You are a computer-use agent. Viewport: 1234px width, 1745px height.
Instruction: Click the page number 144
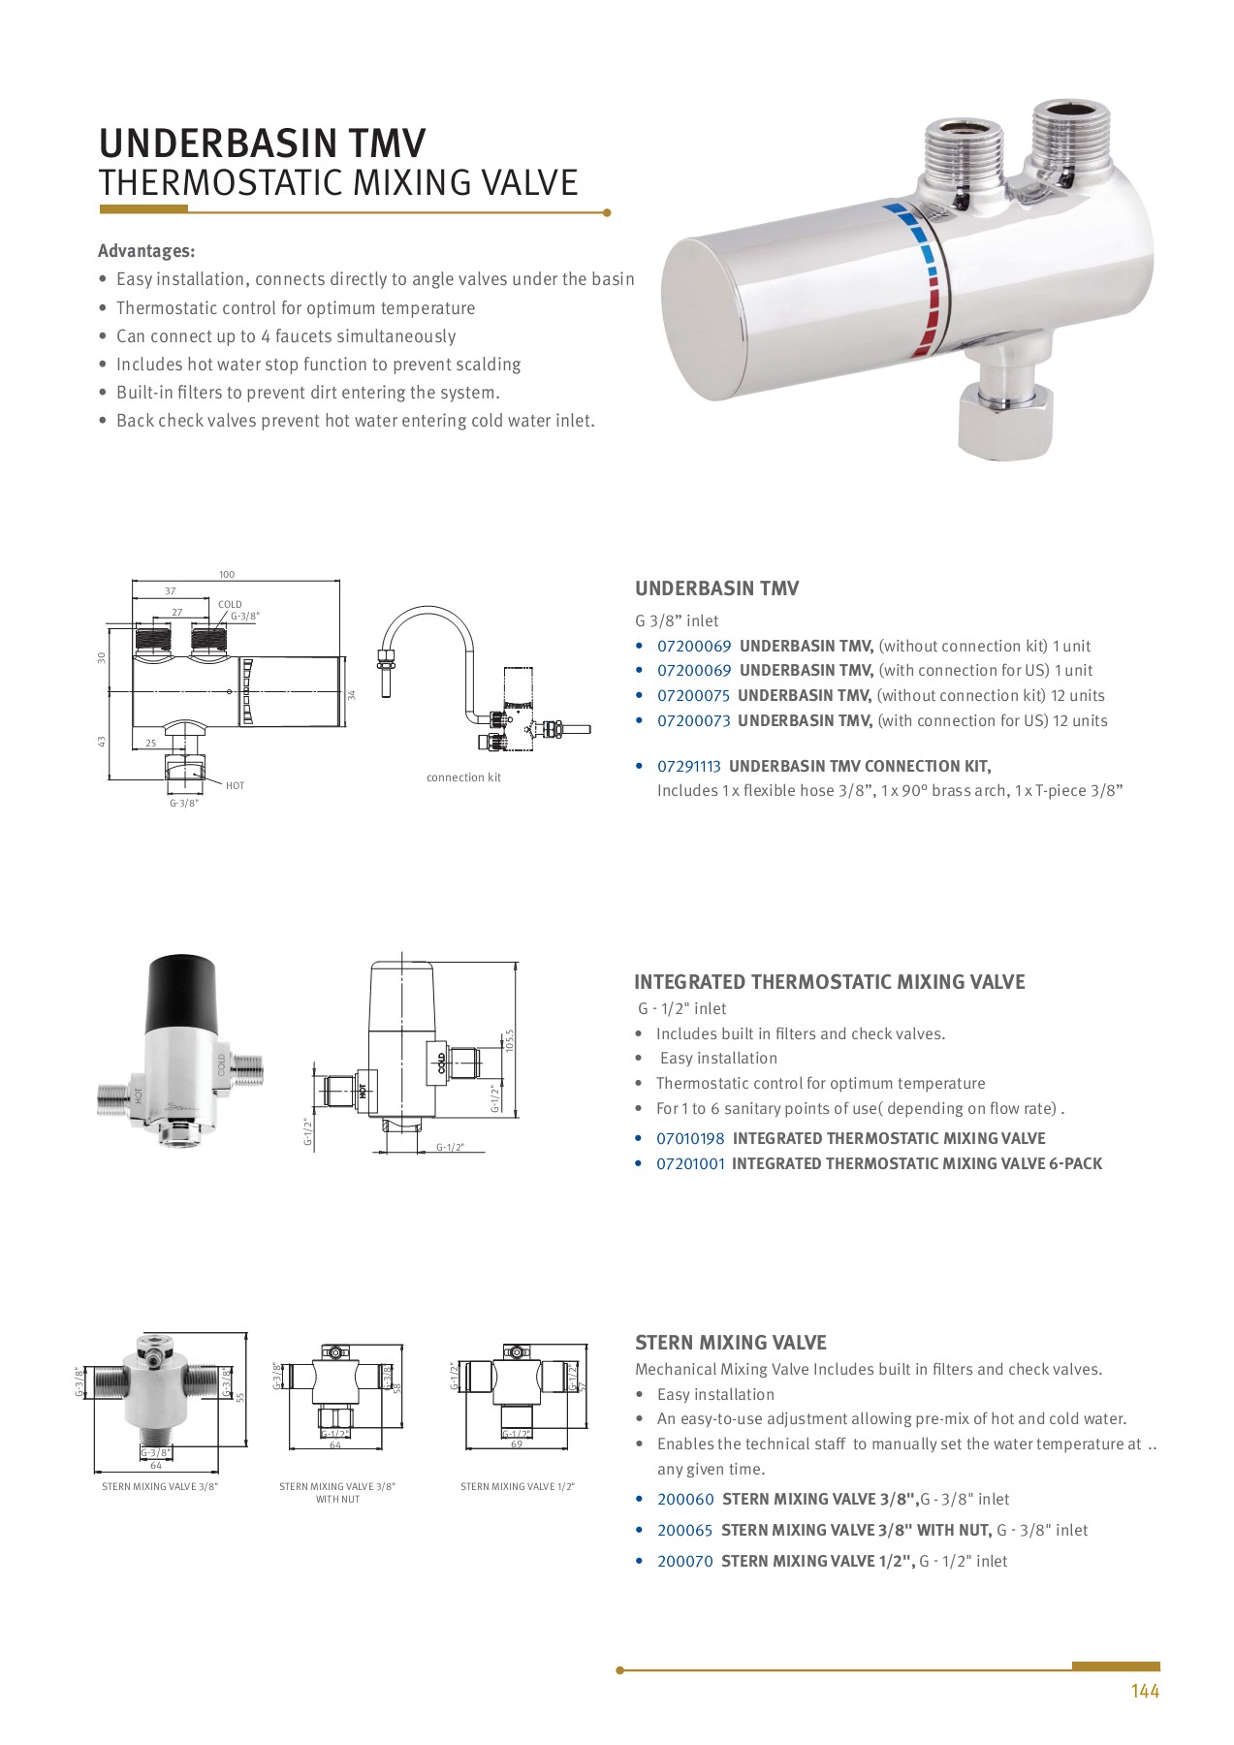pos(1144,1691)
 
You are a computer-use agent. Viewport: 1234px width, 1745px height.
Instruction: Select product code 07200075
pos(693,696)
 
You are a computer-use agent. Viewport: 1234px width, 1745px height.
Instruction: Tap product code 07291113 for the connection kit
pos(688,767)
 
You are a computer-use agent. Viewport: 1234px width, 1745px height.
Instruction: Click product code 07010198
pos(690,1139)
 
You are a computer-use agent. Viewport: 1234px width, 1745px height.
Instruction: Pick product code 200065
pos(684,1531)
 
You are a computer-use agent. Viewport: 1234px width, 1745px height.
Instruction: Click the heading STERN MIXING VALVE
pos(730,1344)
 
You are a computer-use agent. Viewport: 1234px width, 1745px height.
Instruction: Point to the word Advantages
pos(145,252)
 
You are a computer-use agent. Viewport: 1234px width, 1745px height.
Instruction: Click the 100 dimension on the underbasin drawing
pos(226,575)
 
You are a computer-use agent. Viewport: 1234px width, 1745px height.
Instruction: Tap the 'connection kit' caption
pos(463,777)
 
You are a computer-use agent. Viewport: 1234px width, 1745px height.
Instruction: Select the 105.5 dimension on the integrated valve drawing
pos(509,1040)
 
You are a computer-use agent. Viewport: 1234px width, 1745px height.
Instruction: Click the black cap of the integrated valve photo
pos(180,989)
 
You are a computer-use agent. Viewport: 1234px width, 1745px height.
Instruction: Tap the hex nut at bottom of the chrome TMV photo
pos(1005,420)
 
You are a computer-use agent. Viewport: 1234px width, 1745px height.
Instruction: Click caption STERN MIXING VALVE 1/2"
pos(517,1487)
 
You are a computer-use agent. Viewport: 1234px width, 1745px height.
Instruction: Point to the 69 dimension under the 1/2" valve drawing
pos(517,1444)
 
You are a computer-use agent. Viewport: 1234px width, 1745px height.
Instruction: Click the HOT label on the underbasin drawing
pos(235,786)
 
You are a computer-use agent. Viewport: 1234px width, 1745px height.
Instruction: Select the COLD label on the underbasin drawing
pos(230,605)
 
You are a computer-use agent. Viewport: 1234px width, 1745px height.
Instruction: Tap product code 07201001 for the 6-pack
pos(690,1164)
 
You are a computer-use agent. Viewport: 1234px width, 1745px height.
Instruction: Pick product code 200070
pos(684,1562)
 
